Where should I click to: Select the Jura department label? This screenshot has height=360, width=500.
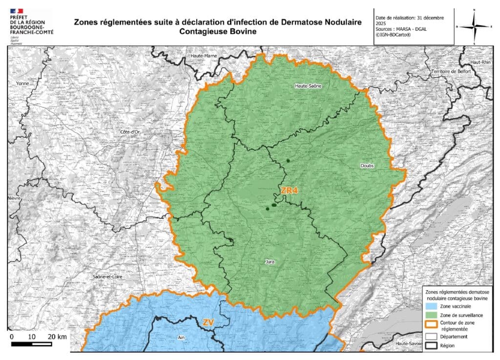pos(269,262)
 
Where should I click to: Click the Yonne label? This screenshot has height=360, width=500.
pos(22,84)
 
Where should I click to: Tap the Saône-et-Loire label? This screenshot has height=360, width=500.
pos(107,277)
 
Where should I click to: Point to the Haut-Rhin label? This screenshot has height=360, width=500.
pos(480,63)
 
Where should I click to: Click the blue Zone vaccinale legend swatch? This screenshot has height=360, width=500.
pos(431,306)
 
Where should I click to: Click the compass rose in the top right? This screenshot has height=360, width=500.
pos(474,26)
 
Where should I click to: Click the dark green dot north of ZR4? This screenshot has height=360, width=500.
pos(288,161)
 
